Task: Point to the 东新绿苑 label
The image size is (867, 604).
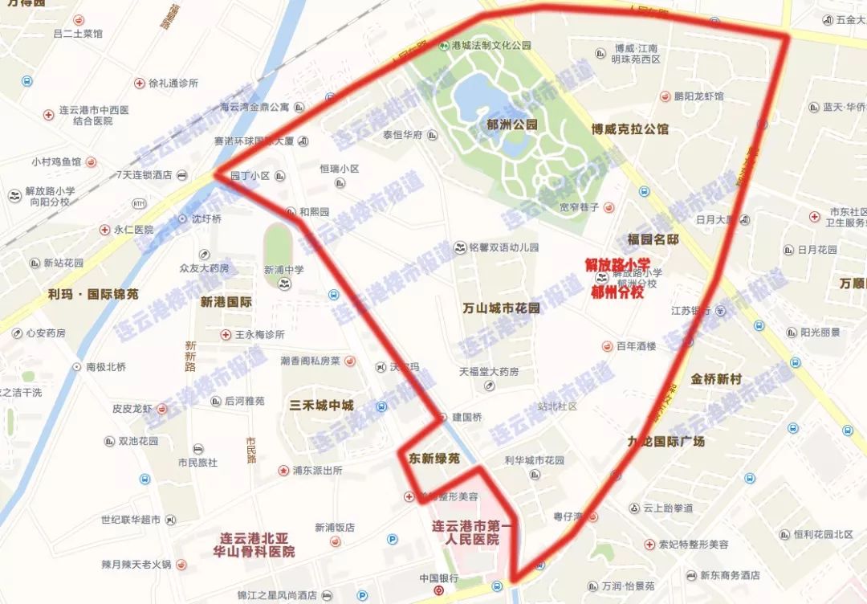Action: (434, 459)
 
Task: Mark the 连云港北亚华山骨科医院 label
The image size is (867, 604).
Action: (258, 545)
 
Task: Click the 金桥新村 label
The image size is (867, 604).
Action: (715, 378)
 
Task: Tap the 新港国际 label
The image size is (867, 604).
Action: (226, 303)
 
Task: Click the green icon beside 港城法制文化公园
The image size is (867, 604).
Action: (442, 46)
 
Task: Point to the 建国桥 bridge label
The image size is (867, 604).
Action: (466, 418)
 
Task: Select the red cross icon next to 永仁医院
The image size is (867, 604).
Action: (104, 230)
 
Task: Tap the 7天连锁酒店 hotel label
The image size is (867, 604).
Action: (144, 175)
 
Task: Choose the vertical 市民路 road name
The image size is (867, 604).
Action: (251, 451)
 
